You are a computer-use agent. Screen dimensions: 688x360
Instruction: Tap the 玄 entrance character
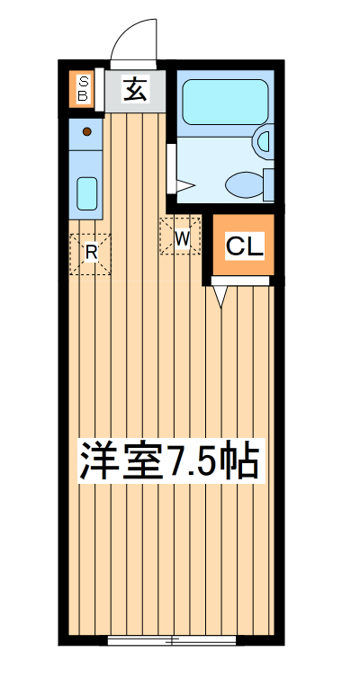135,89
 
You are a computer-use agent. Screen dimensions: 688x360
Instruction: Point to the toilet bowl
244,185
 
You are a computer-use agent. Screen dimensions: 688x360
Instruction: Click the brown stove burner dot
87,131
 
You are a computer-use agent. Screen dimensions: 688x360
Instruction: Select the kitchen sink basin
87,192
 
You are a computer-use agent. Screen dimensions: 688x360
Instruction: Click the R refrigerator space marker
91,253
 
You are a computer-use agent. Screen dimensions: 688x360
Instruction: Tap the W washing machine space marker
181,237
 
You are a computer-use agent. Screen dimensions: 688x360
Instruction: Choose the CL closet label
245,246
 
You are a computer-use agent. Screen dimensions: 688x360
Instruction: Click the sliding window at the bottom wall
172,639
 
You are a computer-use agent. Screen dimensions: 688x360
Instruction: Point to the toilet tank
268,183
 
